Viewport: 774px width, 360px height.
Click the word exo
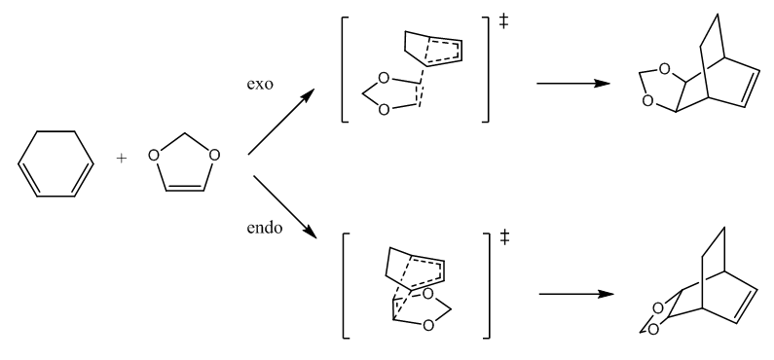(x=260, y=85)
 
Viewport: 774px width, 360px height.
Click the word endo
(x=265, y=228)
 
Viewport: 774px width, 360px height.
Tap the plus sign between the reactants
(x=122, y=159)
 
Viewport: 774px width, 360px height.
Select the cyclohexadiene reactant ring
(x=18, y=163)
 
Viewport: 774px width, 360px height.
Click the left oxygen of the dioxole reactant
(x=154, y=156)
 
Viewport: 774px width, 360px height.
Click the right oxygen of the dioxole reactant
(x=214, y=156)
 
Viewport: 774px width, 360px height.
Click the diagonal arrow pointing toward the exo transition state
(x=280, y=122)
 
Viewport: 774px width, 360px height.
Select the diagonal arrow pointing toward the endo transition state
(x=284, y=206)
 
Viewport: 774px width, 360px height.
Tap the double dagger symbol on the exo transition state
(x=503, y=21)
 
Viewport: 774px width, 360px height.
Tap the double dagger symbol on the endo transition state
(x=504, y=238)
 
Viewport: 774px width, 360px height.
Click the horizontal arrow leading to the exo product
(x=573, y=84)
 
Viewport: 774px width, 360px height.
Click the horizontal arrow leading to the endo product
(x=576, y=294)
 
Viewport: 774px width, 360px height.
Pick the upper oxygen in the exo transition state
(x=384, y=79)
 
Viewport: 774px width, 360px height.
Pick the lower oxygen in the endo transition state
(x=428, y=326)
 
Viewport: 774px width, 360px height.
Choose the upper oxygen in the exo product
(x=664, y=69)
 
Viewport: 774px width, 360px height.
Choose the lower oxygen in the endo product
(x=652, y=330)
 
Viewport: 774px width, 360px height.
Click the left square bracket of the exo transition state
(x=343, y=69)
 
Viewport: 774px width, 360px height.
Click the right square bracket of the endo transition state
(x=489, y=285)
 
